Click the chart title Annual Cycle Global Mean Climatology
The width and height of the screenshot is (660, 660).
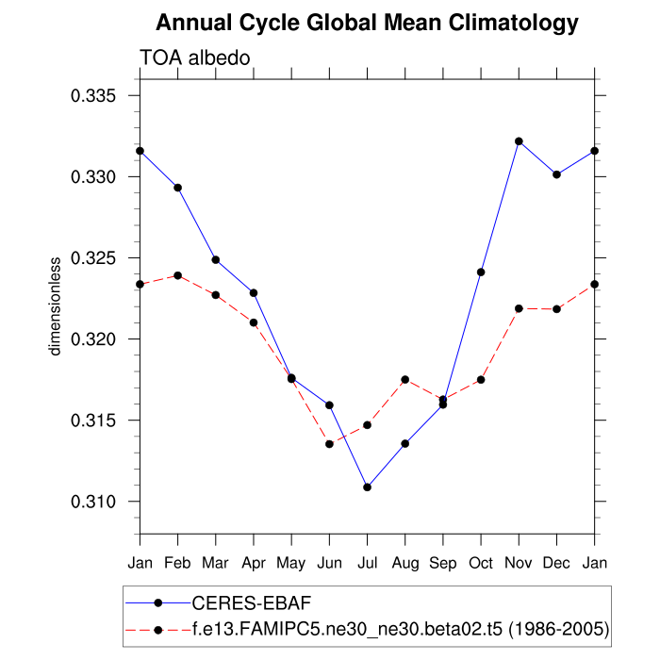(x=367, y=22)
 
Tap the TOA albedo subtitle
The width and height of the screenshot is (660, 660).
(x=194, y=58)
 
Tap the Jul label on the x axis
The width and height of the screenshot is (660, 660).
(x=367, y=564)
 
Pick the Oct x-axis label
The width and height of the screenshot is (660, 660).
(x=481, y=564)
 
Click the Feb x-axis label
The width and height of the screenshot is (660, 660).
(x=177, y=564)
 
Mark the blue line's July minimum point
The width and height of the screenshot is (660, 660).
(x=367, y=487)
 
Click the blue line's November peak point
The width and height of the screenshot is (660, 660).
(x=519, y=141)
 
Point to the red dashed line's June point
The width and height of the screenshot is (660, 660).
(x=329, y=444)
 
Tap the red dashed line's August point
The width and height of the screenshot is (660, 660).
(x=405, y=379)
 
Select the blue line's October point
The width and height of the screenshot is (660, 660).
(x=481, y=272)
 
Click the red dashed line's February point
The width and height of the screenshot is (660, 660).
(x=177, y=275)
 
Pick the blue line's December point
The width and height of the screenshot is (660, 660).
(x=556, y=174)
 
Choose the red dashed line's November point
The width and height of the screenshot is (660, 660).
(x=519, y=308)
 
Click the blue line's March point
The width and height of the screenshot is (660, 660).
(x=216, y=259)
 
